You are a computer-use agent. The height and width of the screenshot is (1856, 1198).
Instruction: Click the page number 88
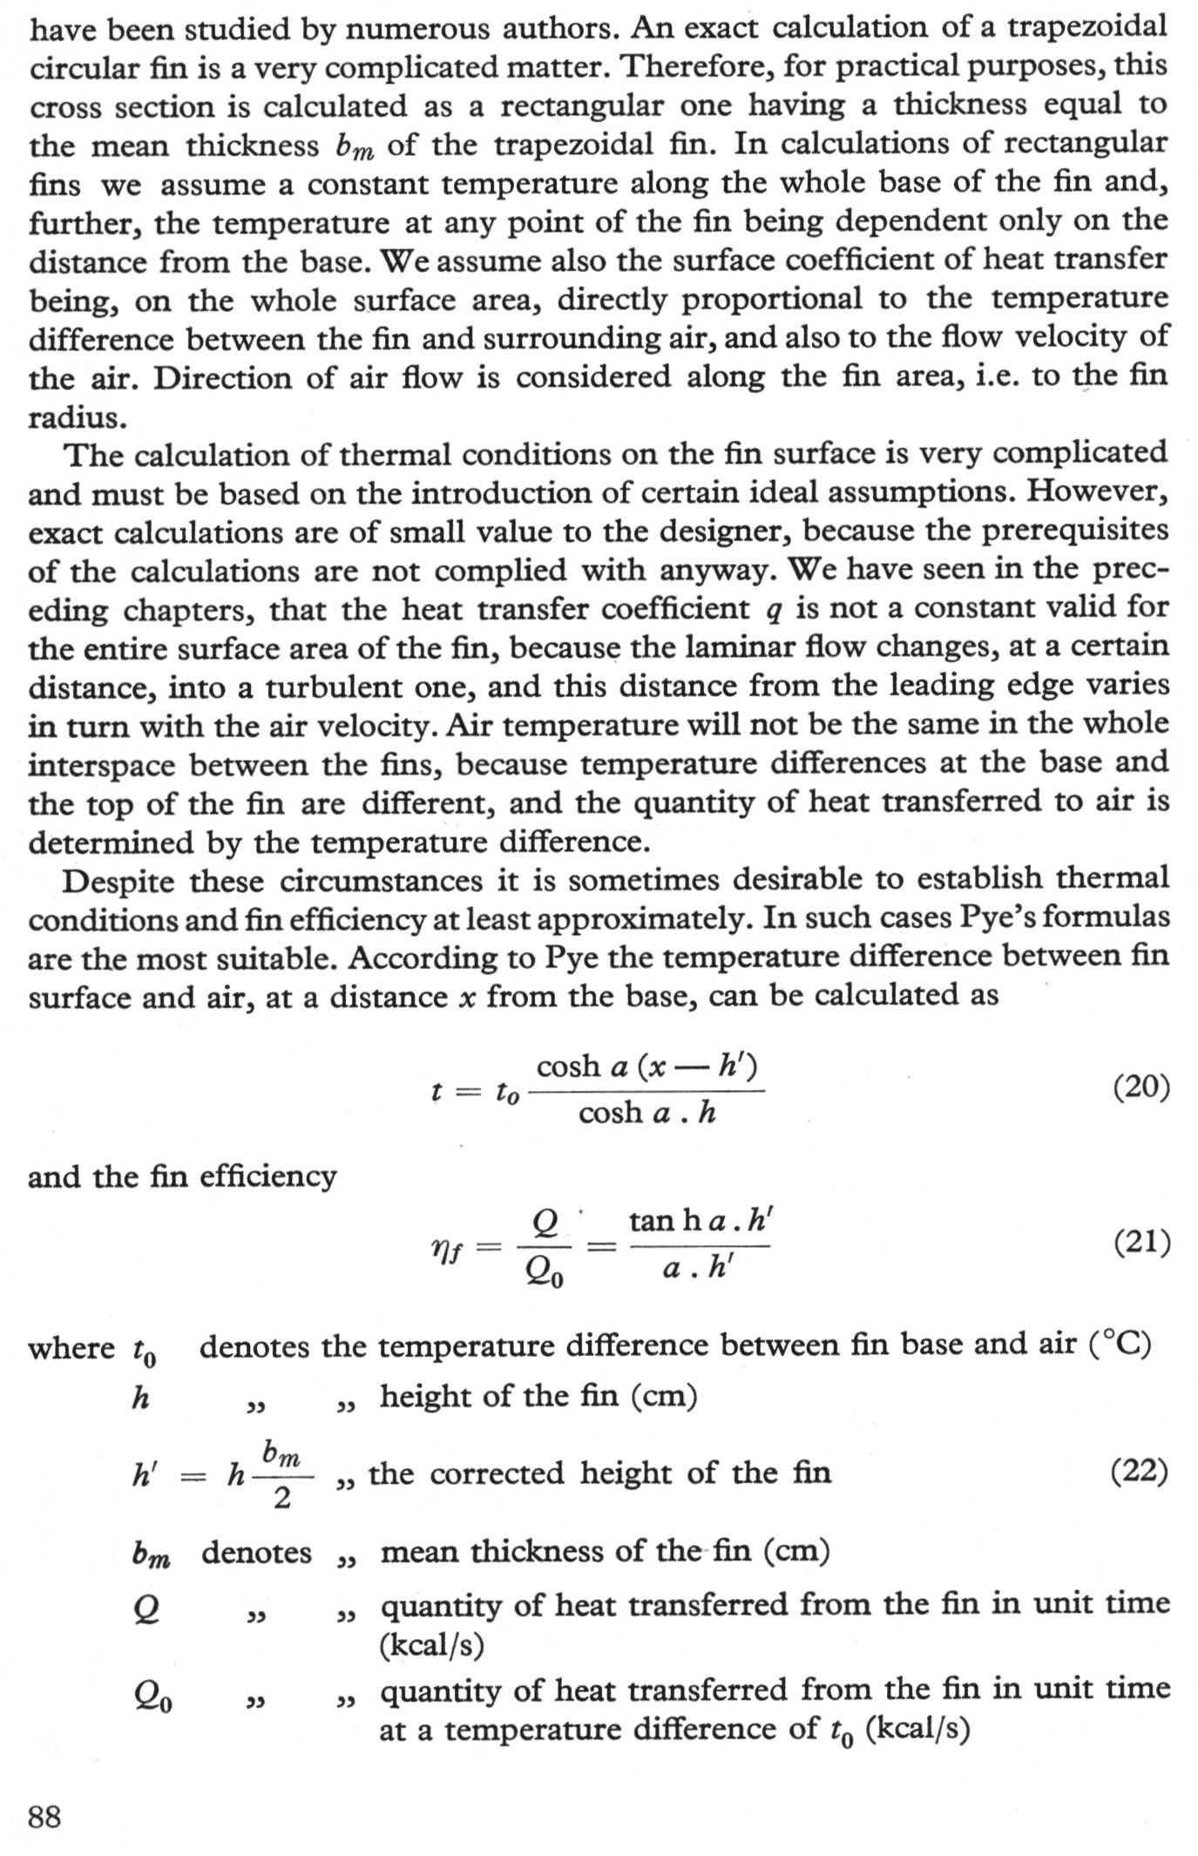(44, 1818)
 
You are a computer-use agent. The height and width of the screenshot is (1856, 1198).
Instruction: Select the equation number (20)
(1141, 1087)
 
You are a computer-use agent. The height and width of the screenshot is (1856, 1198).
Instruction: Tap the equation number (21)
(1141, 1242)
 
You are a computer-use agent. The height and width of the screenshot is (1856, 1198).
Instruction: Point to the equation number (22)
(1140, 1472)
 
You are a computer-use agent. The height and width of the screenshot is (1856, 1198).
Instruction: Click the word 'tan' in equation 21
(653, 1221)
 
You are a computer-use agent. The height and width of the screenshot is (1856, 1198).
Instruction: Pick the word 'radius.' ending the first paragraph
(78, 418)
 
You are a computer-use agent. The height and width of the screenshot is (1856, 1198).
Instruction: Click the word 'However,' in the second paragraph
(1097, 491)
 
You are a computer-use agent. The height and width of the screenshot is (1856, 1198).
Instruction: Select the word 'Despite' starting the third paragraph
(118, 881)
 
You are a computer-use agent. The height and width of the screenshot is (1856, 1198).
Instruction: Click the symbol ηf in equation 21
(447, 1250)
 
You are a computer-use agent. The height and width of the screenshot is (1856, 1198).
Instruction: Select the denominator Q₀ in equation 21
(545, 1274)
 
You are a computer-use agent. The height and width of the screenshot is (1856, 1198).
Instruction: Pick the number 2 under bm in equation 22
(281, 1498)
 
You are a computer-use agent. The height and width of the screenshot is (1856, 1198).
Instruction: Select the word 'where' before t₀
(71, 1348)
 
